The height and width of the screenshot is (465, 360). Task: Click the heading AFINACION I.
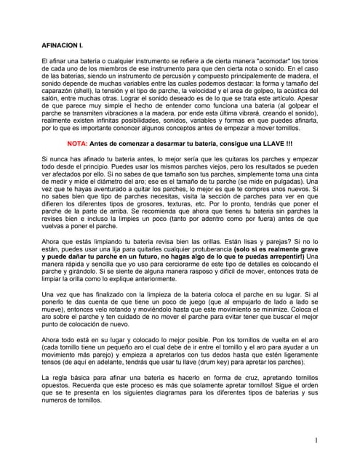(63, 43)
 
